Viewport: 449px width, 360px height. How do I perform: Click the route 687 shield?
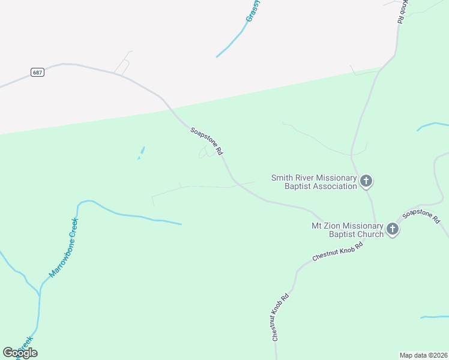click(38, 72)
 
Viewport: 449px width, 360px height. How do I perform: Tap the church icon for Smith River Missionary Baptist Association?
click(366, 181)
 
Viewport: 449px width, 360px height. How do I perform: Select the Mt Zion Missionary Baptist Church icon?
click(393, 229)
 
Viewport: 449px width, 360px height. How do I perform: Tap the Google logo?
click(20, 353)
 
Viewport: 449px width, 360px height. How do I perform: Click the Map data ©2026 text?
click(423, 355)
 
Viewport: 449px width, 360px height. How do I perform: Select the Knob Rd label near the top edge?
click(403, 11)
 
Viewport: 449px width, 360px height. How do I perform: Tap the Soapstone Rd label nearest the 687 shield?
click(207, 142)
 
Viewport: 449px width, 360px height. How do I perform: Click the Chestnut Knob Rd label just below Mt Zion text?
click(338, 252)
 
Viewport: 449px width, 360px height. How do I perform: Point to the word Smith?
click(283, 178)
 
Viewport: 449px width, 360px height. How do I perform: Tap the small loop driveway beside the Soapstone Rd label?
click(205, 154)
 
